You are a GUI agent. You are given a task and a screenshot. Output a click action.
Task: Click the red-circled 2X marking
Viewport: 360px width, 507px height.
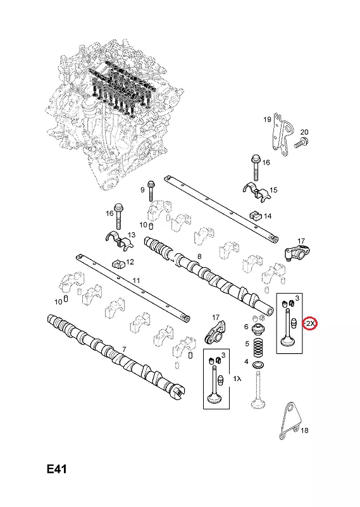pos(310,323)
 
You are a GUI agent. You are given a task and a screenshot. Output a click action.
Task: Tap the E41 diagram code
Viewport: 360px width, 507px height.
pos(56,469)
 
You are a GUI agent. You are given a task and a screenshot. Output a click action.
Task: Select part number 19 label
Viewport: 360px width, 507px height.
pos(267,120)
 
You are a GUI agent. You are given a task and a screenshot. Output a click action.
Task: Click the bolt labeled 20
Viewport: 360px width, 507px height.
pos(301,142)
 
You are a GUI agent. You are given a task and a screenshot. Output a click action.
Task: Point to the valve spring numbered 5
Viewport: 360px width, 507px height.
pos(258,347)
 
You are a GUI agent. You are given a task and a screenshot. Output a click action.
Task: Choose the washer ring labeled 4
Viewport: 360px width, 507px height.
pos(258,365)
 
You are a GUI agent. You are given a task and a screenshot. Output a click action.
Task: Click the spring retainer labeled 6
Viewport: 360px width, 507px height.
pos(259,330)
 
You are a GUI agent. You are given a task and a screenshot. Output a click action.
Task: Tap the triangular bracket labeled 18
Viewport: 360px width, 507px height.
pos(290,420)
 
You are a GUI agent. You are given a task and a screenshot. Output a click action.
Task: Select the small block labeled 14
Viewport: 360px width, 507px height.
pos(256,215)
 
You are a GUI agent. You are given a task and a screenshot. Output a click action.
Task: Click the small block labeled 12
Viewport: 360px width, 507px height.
pos(118,263)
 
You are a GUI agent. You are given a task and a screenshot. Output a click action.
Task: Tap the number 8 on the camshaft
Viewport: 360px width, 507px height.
pos(199,256)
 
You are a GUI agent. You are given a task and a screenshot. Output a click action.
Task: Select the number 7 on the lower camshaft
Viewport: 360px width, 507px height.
pos(124,349)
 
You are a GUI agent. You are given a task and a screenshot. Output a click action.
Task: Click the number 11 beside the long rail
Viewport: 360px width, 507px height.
pos(137,280)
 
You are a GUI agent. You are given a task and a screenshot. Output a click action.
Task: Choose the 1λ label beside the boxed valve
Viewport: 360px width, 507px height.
pos(237,379)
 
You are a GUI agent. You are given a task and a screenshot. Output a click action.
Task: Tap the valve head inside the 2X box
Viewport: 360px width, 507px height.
pos(287,341)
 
